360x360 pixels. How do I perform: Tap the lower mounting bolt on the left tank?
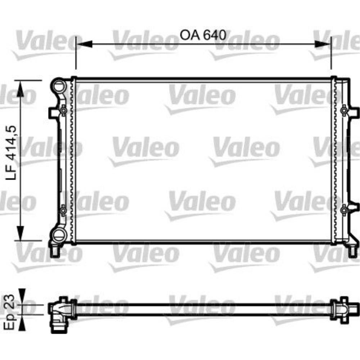(63, 210)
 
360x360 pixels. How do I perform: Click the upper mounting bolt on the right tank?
(345, 111)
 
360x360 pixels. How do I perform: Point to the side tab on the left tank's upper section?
(52, 113)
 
